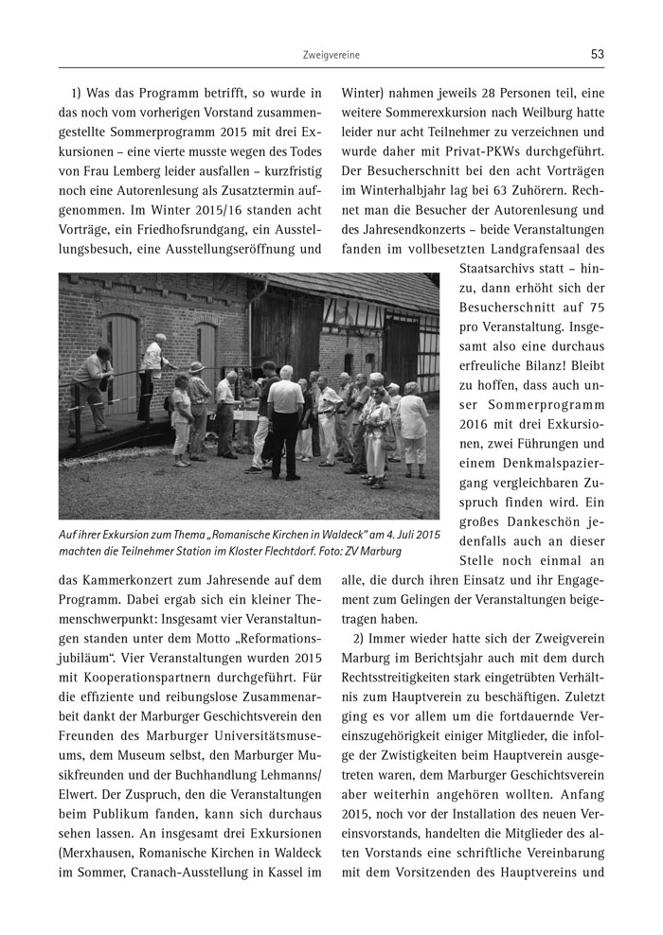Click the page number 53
597,55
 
